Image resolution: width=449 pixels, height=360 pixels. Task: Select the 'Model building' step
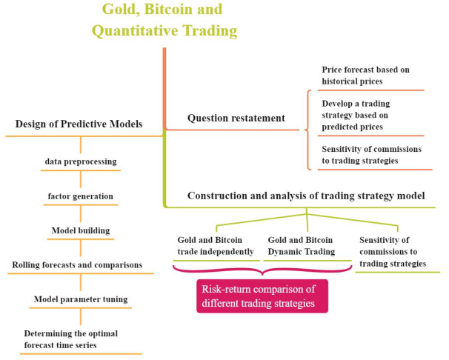(80, 230)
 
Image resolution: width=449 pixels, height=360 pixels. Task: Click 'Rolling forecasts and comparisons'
(77, 264)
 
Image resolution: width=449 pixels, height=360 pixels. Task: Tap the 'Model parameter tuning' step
(81, 299)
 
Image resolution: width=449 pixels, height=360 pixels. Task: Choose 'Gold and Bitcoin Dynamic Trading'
(300, 246)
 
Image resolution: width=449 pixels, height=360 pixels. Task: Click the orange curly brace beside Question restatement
(307, 129)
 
